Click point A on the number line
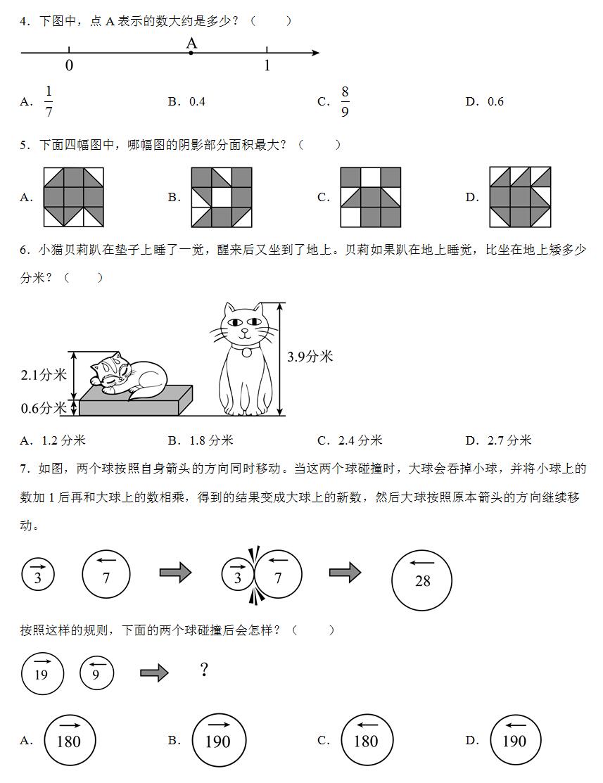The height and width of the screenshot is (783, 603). pos(191,53)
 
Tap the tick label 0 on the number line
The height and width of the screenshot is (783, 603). pos(69,66)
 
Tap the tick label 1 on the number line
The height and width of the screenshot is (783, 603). pos(267,66)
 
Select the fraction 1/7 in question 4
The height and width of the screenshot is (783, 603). pos(49,101)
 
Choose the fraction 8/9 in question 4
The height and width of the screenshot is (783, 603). pos(345,101)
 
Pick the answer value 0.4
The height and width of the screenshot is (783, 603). pos(197,101)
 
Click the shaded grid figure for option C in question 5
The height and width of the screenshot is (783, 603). pos(370,197)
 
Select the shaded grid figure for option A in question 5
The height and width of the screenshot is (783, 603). pos(73,197)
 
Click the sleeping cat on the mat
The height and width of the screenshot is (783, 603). pos(127,374)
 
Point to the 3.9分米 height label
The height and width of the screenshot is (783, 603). pos(310,357)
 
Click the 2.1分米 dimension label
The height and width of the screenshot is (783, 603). pos(43,374)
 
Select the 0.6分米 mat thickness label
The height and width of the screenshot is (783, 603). pos(43,408)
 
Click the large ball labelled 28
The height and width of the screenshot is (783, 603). pos(421,580)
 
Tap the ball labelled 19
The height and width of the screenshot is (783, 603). pos(42,673)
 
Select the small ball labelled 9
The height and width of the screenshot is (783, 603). pos(97,673)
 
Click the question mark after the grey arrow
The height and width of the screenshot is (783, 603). pos(204,670)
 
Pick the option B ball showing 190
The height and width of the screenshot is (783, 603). pos(218,740)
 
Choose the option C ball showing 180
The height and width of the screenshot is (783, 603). pos(367,740)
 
